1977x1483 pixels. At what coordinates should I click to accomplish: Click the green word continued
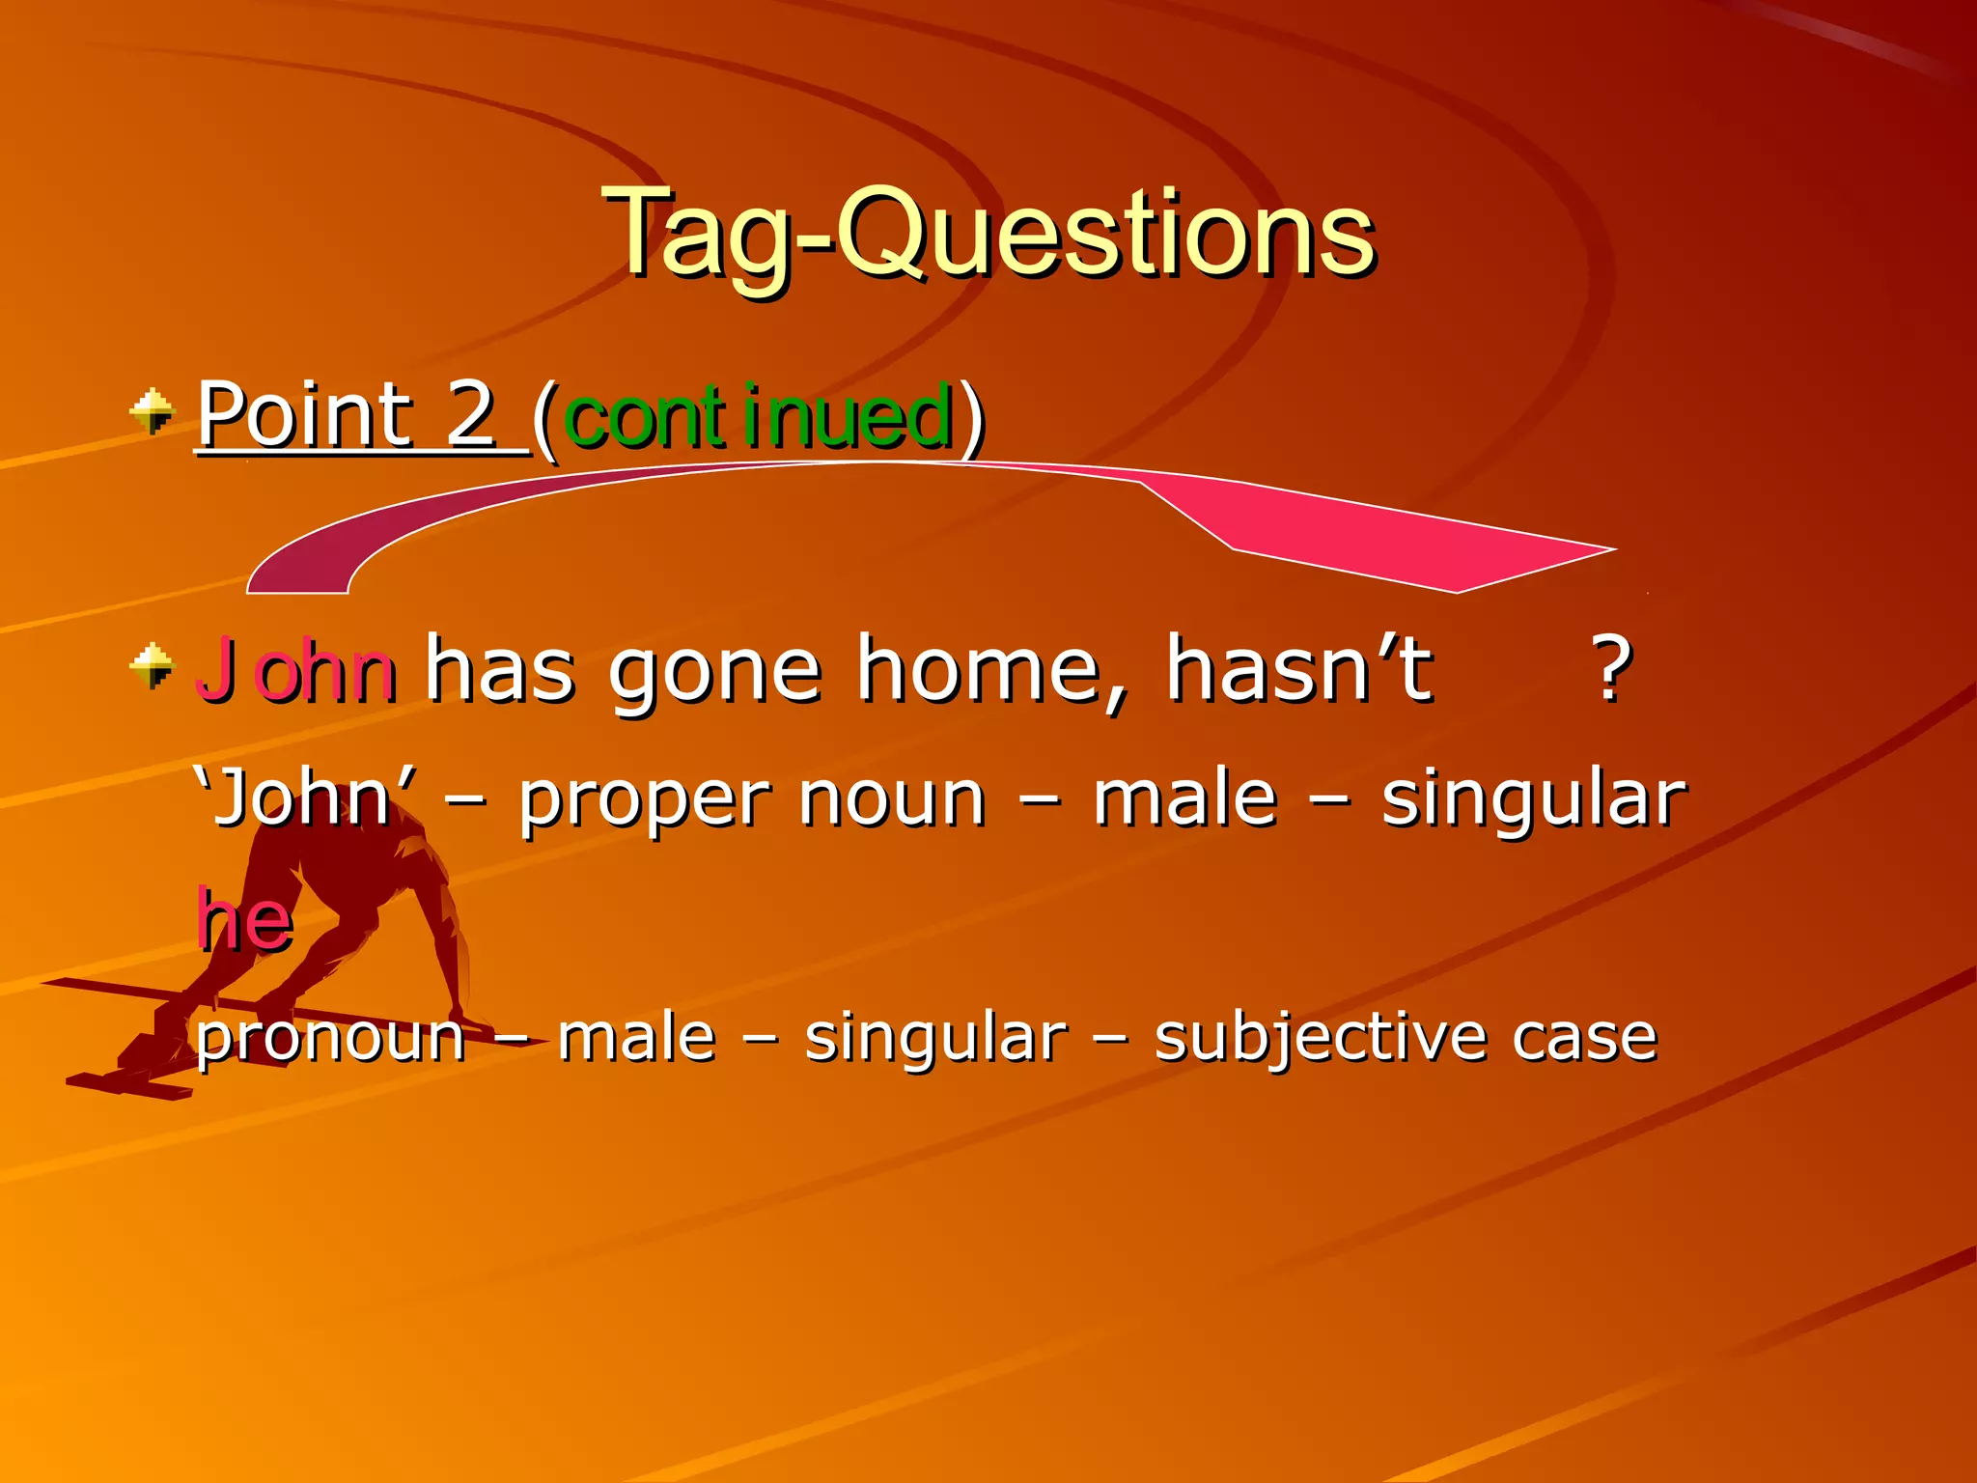759,417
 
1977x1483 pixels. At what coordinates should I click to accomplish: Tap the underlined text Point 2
348,415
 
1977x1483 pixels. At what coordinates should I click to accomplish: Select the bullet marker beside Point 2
152,412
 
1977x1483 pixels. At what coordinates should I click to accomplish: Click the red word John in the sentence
295,670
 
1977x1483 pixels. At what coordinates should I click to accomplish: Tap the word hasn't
1298,668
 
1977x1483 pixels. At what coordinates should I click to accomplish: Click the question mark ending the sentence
1611,668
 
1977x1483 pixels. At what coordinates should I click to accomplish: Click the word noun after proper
892,801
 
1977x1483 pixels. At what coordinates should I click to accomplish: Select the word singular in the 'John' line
1533,801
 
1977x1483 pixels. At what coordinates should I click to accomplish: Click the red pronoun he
244,920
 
